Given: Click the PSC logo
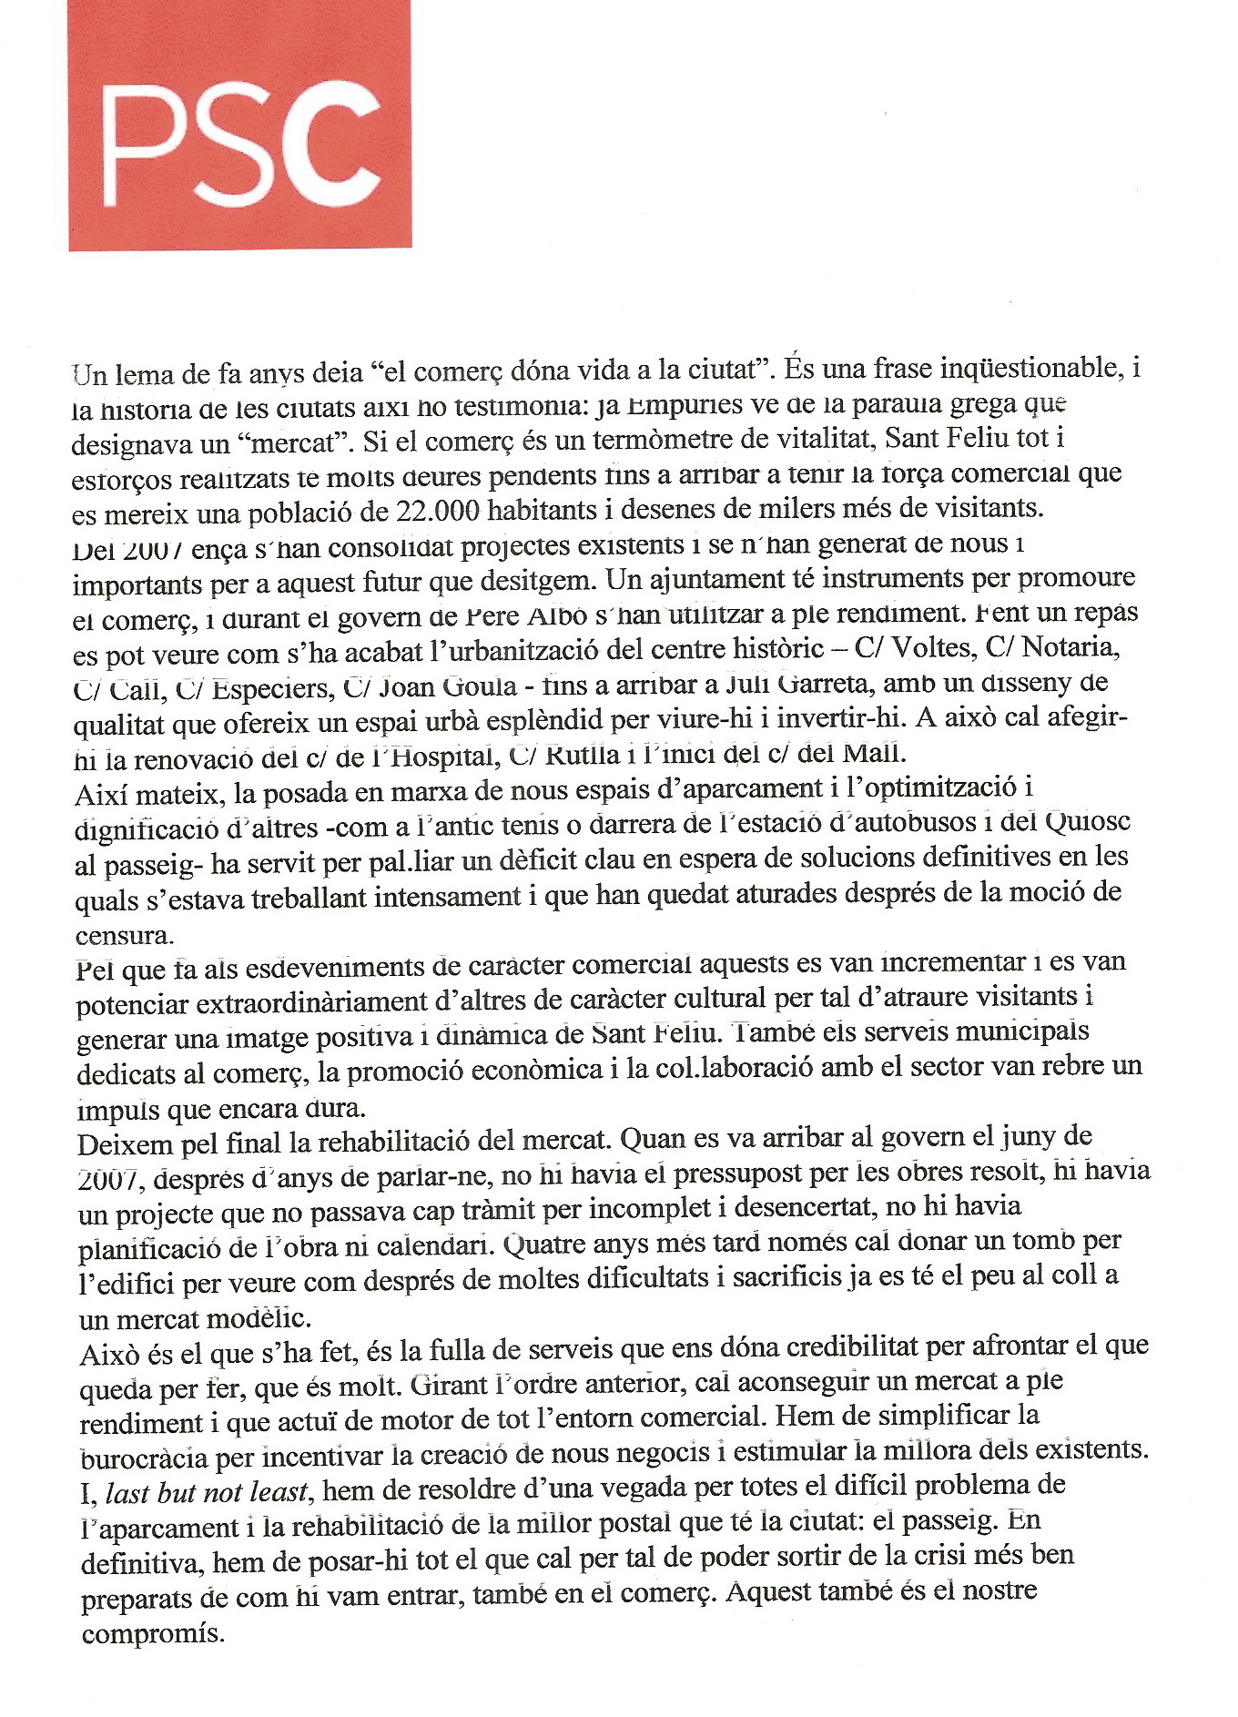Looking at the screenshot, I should coord(239,126).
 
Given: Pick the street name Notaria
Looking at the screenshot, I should coord(1070,648).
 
